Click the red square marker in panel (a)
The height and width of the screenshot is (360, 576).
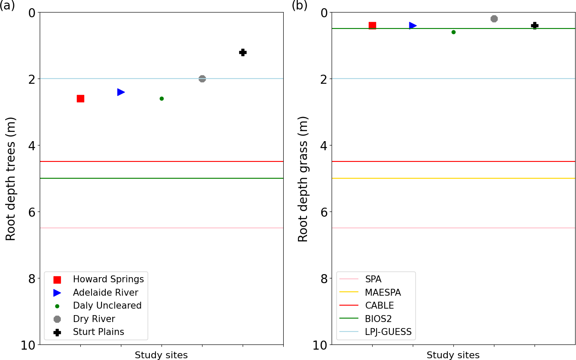click(x=80, y=98)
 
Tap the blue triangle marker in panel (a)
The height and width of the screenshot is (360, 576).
click(x=121, y=92)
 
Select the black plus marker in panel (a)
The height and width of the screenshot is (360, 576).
click(x=243, y=52)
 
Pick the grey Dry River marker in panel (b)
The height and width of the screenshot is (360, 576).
click(x=494, y=19)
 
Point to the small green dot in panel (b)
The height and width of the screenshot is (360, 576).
click(x=453, y=32)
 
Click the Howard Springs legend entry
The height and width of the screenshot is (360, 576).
click(x=108, y=279)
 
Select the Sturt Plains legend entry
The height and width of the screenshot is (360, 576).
click(x=98, y=332)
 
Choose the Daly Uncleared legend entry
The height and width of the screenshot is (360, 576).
click(x=107, y=306)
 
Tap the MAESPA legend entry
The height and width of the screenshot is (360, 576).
click(x=383, y=293)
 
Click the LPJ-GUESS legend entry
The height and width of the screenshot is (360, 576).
click(x=388, y=332)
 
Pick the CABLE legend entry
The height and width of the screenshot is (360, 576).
click(x=379, y=306)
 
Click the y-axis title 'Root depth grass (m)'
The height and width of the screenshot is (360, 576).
click(x=303, y=179)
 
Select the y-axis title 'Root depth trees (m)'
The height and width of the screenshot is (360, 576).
click(x=11, y=179)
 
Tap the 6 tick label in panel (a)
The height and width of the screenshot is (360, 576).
click(x=32, y=212)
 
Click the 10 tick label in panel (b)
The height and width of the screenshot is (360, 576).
click(x=319, y=345)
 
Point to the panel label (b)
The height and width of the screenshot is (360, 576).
click(x=299, y=6)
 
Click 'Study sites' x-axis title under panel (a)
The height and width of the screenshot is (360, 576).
click(x=161, y=355)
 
